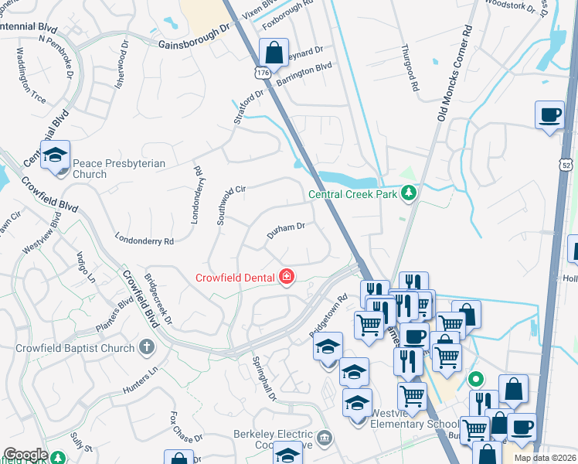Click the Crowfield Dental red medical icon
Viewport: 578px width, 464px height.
(287, 277)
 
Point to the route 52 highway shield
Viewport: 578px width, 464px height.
(567, 165)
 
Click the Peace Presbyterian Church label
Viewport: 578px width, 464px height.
(90, 169)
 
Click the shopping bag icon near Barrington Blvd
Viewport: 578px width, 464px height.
(274, 54)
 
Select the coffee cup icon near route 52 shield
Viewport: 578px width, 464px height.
(549, 115)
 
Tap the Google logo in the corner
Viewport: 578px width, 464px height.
(25, 454)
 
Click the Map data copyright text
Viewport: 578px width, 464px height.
(545, 458)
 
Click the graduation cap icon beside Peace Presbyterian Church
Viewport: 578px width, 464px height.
(56, 155)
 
